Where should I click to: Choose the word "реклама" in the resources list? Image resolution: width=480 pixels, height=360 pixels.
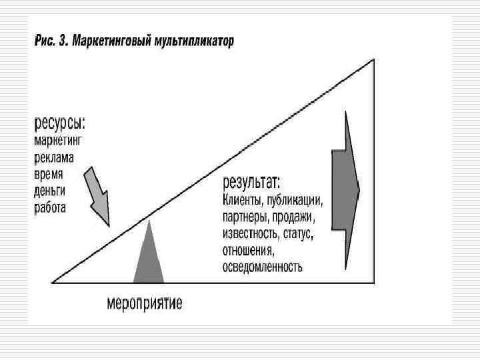pos(55,157)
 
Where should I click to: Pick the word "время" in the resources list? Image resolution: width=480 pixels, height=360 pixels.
pos(49,174)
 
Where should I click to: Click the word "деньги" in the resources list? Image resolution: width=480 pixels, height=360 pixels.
pos(51,191)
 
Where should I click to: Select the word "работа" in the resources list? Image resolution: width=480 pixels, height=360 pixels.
pos(51,207)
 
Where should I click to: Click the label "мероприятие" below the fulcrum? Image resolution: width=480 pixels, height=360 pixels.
pos(145,304)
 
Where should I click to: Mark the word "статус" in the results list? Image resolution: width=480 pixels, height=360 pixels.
pos(297,234)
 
